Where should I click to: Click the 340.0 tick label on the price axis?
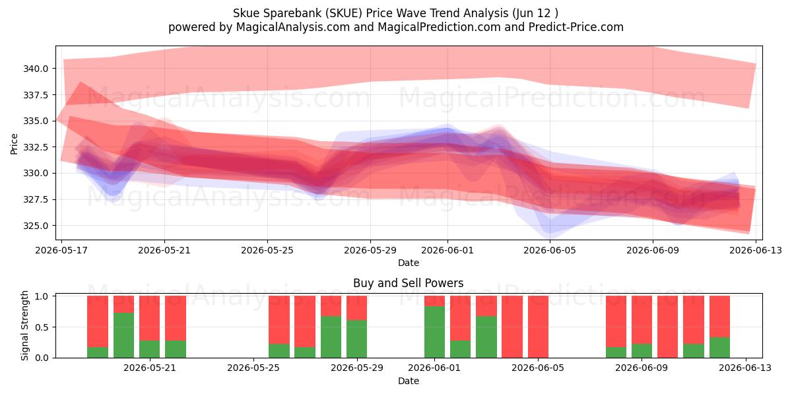click(36, 69)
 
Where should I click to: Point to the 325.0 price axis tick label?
click(36, 226)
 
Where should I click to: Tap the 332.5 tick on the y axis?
click(36, 147)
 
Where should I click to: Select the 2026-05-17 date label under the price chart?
click(61, 250)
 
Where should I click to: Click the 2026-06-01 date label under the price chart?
click(447, 250)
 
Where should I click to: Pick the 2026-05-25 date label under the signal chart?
click(253, 368)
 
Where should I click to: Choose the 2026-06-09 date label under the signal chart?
click(642, 368)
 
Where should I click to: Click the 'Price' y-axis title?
click(14, 144)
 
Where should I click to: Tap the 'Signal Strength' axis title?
click(24, 325)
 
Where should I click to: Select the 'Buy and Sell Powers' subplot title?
click(409, 283)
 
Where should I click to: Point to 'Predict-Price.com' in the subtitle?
click(576, 27)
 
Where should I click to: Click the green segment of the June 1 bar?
click(434, 332)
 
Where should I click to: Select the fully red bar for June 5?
click(538, 327)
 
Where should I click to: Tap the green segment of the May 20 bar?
click(124, 335)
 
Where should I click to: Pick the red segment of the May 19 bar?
click(98, 321)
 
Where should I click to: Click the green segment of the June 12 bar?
click(719, 348)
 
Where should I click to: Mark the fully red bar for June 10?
click(667, 327)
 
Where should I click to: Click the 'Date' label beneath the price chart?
click(409, 263)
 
